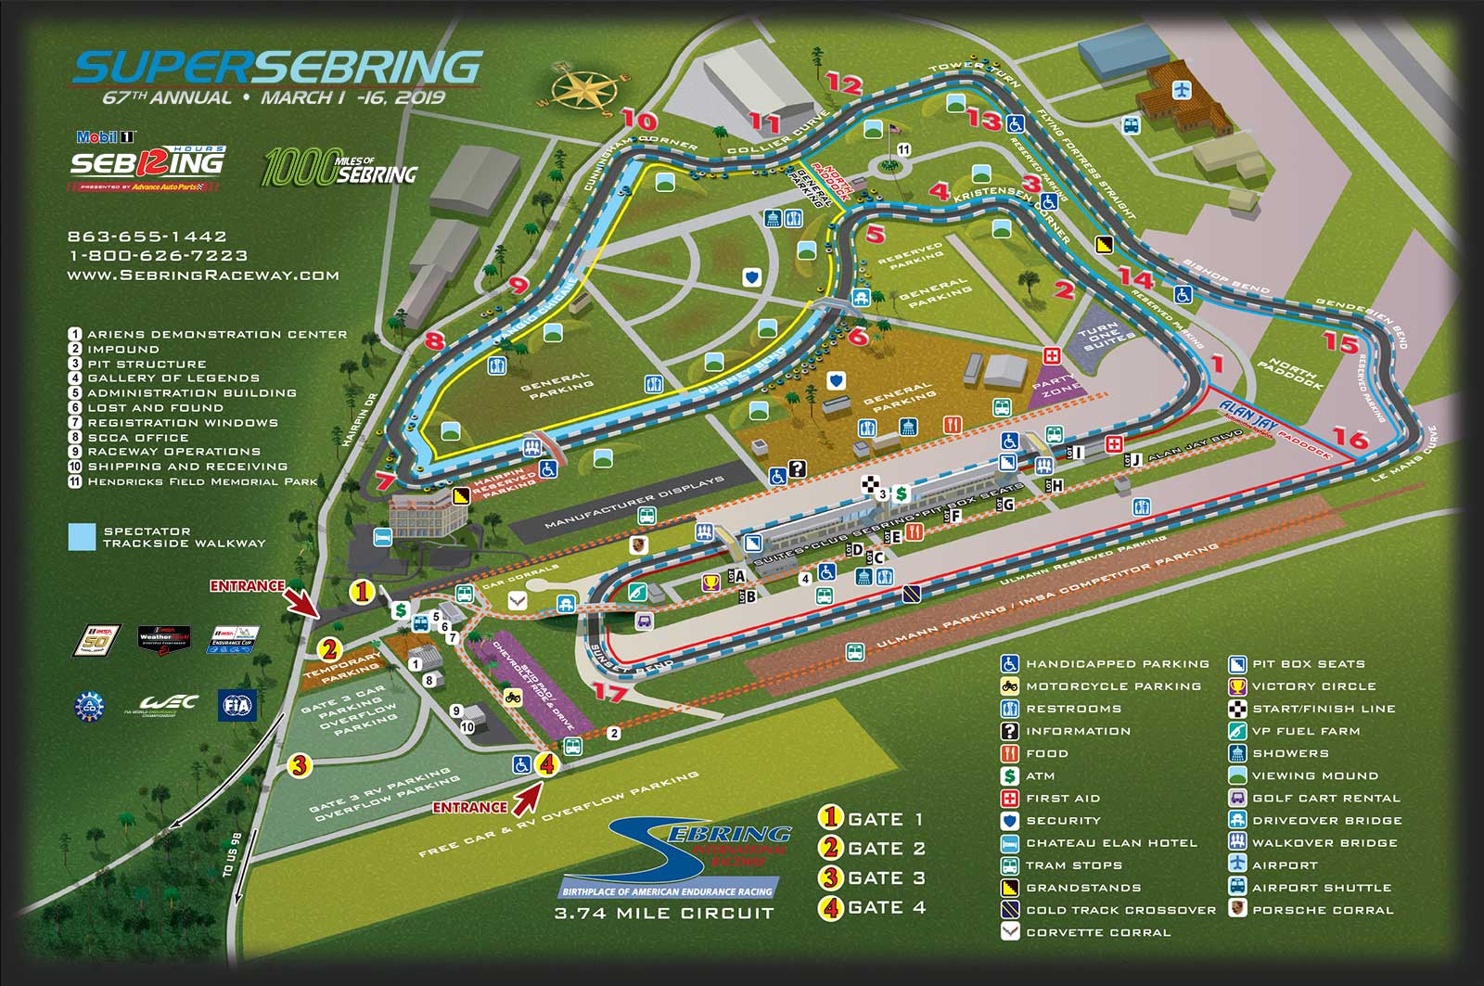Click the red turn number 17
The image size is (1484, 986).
(609, 692)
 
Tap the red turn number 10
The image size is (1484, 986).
(639, 121)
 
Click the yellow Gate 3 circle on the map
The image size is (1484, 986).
(299, 765)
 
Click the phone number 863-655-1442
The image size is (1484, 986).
(147, 237)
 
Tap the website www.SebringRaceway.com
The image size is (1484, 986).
(203, 275)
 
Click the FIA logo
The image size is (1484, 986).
(235, 706)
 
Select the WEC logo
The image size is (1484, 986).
(169, 704)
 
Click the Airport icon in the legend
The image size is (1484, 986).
(1237, 864)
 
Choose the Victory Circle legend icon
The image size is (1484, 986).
(1237, 686)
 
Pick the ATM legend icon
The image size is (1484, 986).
(1010, 775)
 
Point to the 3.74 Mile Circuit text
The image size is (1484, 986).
(664, 914)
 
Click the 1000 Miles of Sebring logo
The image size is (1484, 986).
(339, 167)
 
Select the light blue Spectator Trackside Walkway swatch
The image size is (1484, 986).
(82, 537)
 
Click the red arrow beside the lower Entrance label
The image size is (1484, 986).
(528, 796)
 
